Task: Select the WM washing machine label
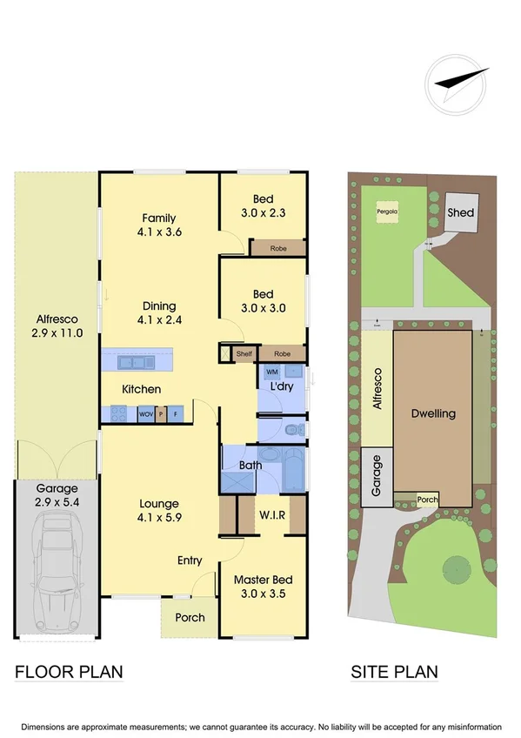(x=271, y=372)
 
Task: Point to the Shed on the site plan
(x=460, y=212)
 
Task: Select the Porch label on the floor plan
(x=190, y=617)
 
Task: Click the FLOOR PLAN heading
(x=69, y=672)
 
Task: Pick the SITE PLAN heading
(x=394, y=672)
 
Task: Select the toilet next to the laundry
(x=293, y=429)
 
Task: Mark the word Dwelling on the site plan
(x=433, y=413)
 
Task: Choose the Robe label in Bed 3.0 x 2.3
(x=278, y=248)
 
